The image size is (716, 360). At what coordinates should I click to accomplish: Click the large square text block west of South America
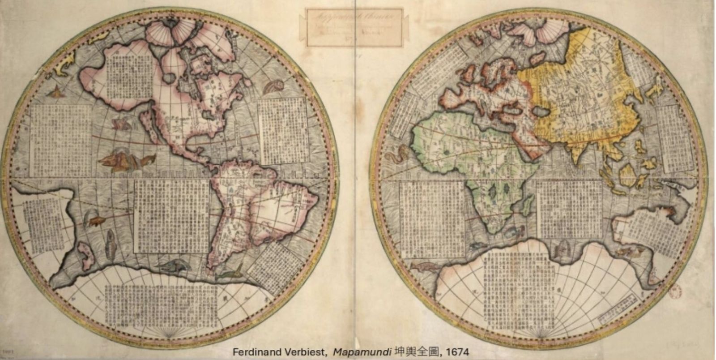pyautogui.click(x=172, y=215)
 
